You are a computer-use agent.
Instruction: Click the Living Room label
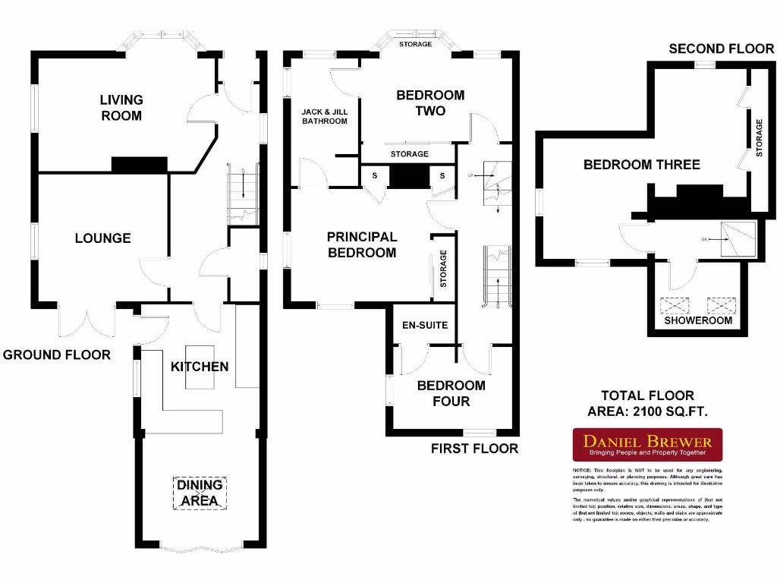121,107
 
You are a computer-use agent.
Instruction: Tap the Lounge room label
102,238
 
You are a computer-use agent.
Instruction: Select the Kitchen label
199,367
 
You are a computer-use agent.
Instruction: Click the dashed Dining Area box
200,493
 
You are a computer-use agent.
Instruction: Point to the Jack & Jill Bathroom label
324,116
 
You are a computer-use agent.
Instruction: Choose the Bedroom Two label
430,102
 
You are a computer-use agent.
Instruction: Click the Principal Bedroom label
362,244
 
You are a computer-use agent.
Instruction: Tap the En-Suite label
425,326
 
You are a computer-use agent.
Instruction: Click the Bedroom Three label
641,165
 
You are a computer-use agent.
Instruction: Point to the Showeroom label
698,320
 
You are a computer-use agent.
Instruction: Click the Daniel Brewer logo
646,445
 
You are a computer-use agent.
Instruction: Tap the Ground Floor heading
57,355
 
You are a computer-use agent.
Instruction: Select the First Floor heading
474,449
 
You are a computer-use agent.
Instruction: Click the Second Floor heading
721,49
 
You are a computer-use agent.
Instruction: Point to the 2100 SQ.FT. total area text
647,411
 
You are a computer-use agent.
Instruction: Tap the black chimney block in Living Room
139,165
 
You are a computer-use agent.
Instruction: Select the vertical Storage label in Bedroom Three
759,138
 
